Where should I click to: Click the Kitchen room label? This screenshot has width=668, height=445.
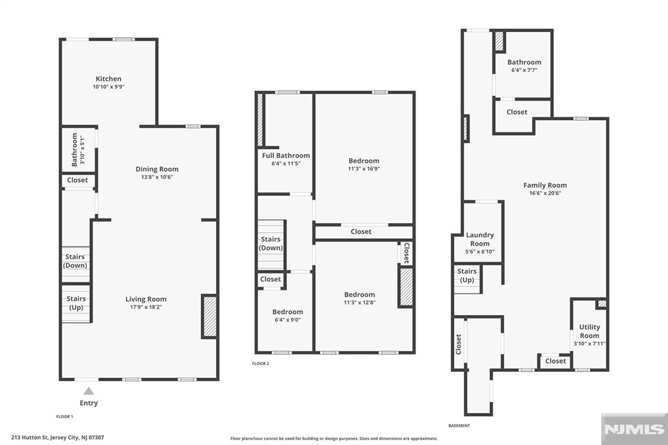pyautogui.click(x=108, y=79)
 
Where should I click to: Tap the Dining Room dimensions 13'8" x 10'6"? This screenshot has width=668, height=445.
pyautogui.click(x=157, y=177)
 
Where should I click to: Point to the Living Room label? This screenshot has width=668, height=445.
pyautogui.click(x=145, y=299)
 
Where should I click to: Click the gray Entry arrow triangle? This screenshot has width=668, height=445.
pyautogui.click(x=89, y=391)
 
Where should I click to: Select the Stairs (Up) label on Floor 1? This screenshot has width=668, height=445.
pyautogui.click(x=76, y=303)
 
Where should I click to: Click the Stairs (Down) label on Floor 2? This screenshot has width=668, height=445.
pyautogui.click(x=271, y=243)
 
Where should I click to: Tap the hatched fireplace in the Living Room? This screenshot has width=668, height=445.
pyautogui.click(x=209, y=316)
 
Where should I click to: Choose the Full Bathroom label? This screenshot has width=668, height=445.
pyautogui.click(x=286, y=155)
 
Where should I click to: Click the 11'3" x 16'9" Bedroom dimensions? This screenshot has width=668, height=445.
pyautogui.click(x=364, y=168)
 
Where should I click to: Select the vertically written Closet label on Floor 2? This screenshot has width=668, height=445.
pyautogui.click(x=406, y=253)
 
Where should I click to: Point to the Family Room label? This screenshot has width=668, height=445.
pyautogui.click(x=545, y=185)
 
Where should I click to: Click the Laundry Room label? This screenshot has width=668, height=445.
pyautogui.click(x=479, y=239)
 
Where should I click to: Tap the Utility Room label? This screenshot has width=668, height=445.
pyautogui.click(x=590, y=331)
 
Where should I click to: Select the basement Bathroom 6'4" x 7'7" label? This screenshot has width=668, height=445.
pyautogui.click(x=524, y=66)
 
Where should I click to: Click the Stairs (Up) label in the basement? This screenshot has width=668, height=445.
pyautogui.click(x=467, y=275)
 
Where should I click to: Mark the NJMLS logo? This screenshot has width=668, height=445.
pyautogui.click(x=634, y=429)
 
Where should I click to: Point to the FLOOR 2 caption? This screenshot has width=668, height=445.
pyautogui.click(x=261, y=363)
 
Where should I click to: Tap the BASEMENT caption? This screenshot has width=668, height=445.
pyautogui.click(x=459, y=425)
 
